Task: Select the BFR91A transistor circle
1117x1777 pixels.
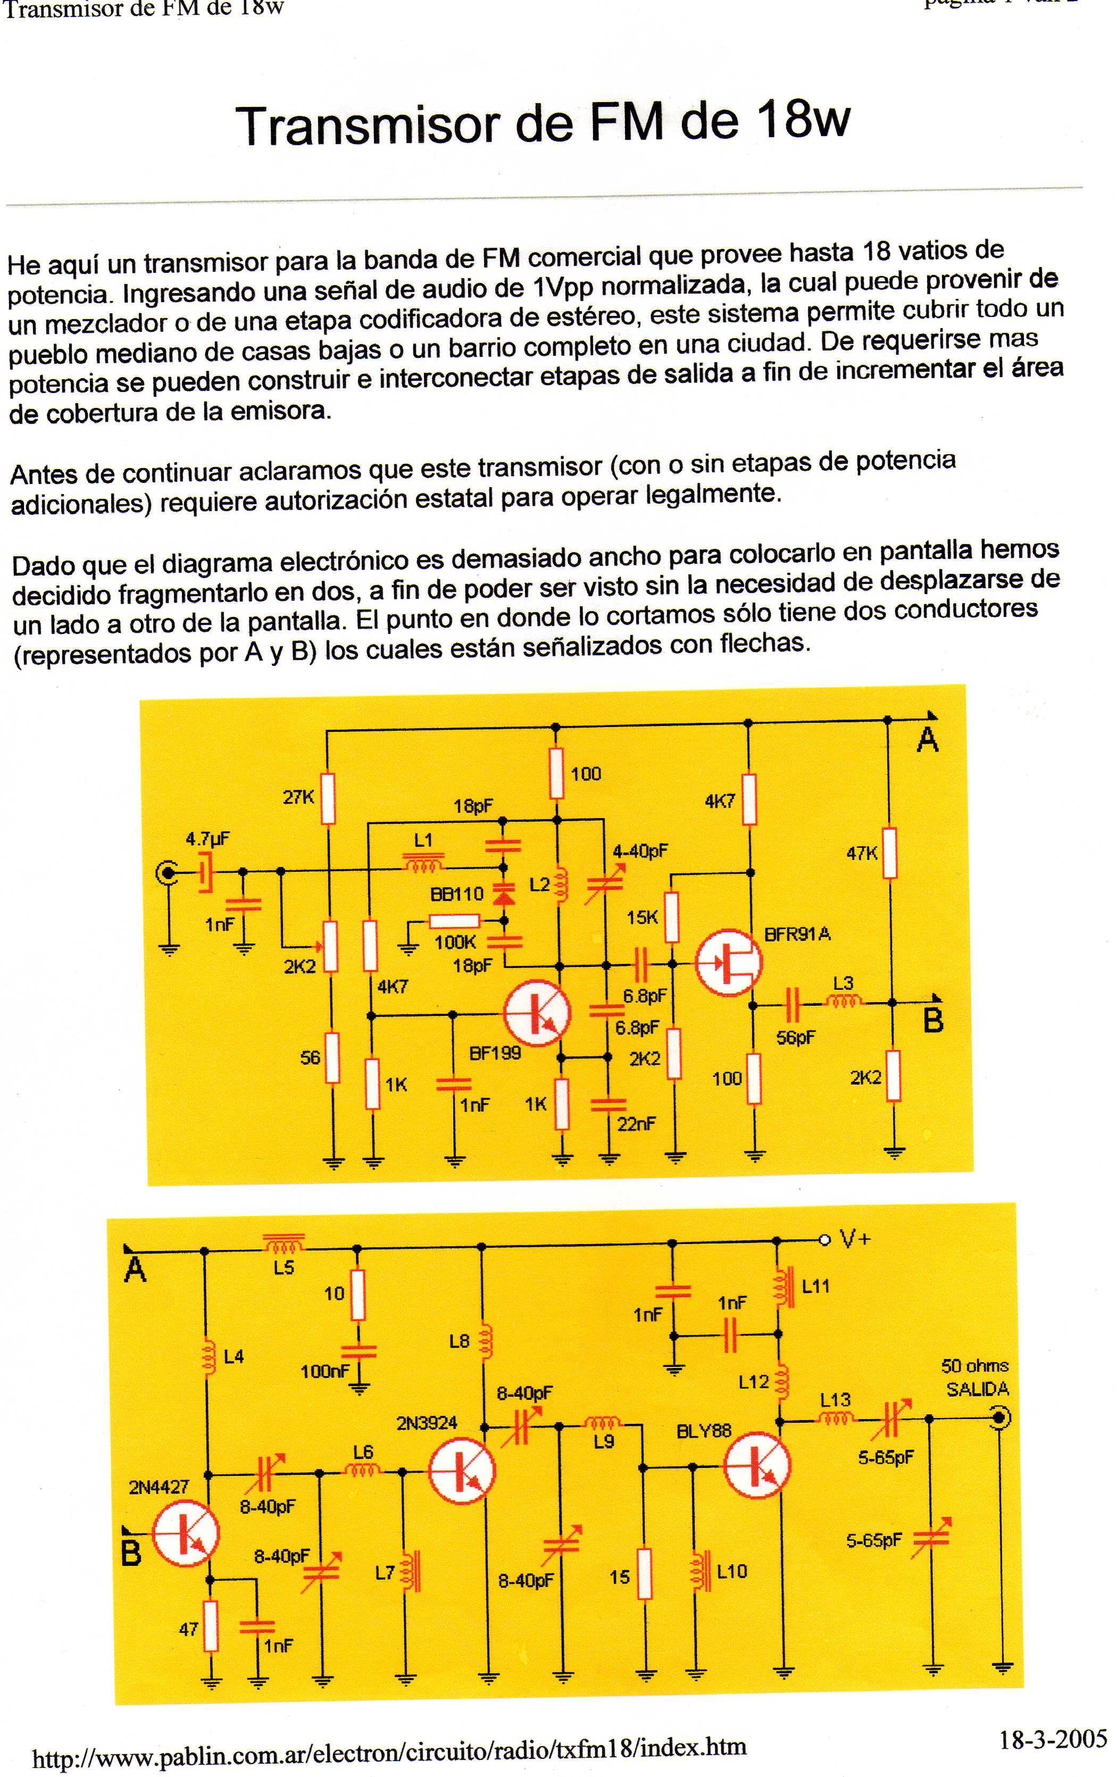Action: [729, 962]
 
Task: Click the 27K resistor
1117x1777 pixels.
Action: [328, 798]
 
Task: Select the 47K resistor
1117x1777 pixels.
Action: [890, 853]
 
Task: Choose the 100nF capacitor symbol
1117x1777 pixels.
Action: [359, 1352]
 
